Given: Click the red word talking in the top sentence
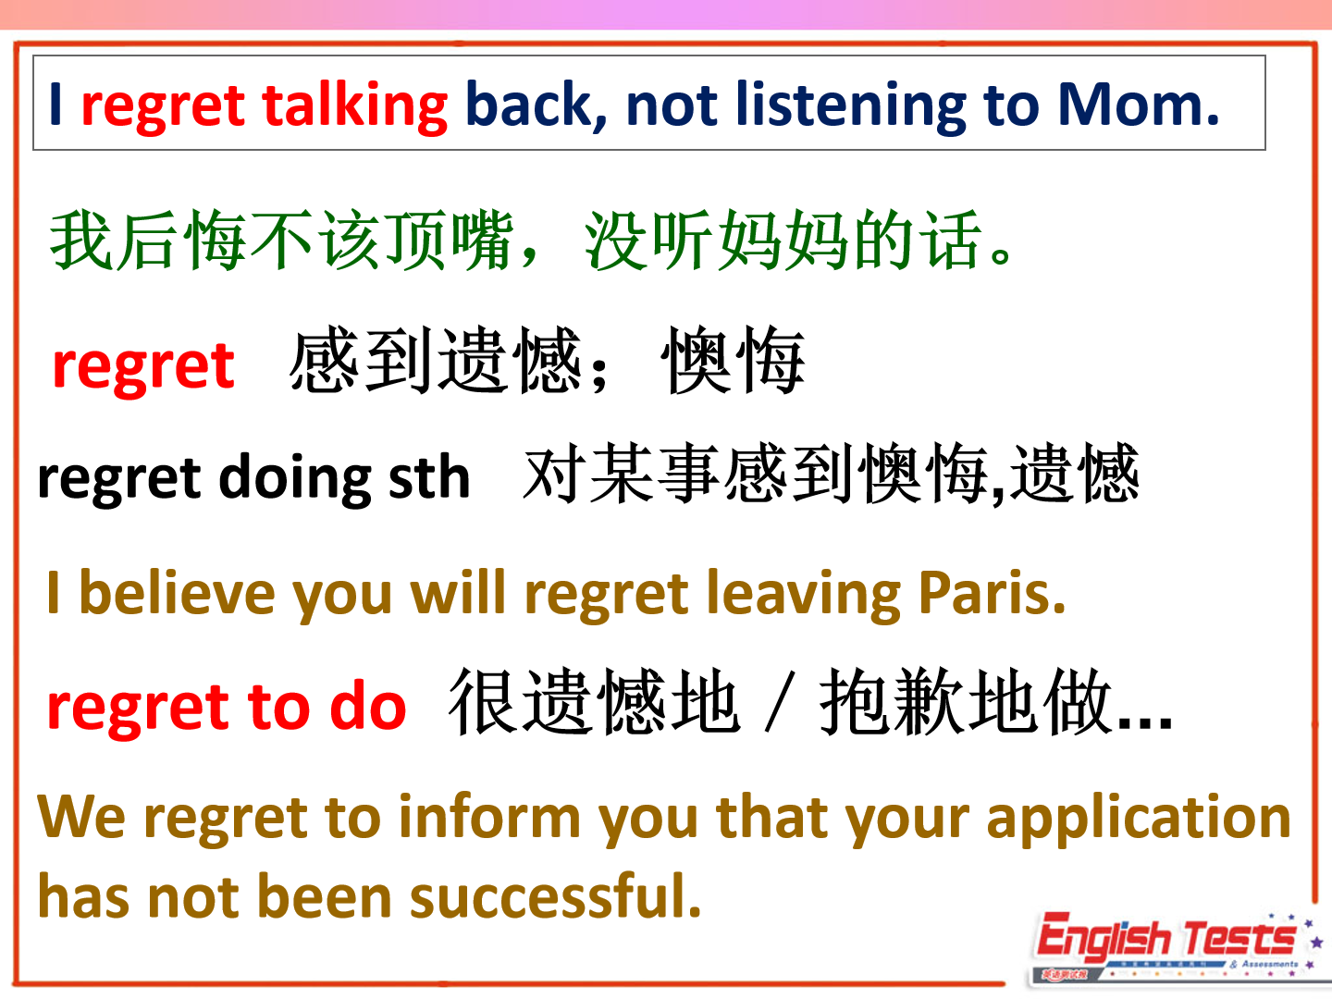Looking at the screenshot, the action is [x=355, y=106].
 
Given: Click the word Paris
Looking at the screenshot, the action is [x=992, y=593].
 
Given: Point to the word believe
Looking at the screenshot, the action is [x=177, y=593].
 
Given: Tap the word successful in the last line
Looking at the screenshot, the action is [x=555, y=896].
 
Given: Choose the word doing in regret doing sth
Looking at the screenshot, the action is [x=295, y=479].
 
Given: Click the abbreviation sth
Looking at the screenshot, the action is [x=429, y=476].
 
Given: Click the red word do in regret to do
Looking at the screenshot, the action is [x=368, y=707].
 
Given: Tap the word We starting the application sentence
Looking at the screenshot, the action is [x=81, y=818].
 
